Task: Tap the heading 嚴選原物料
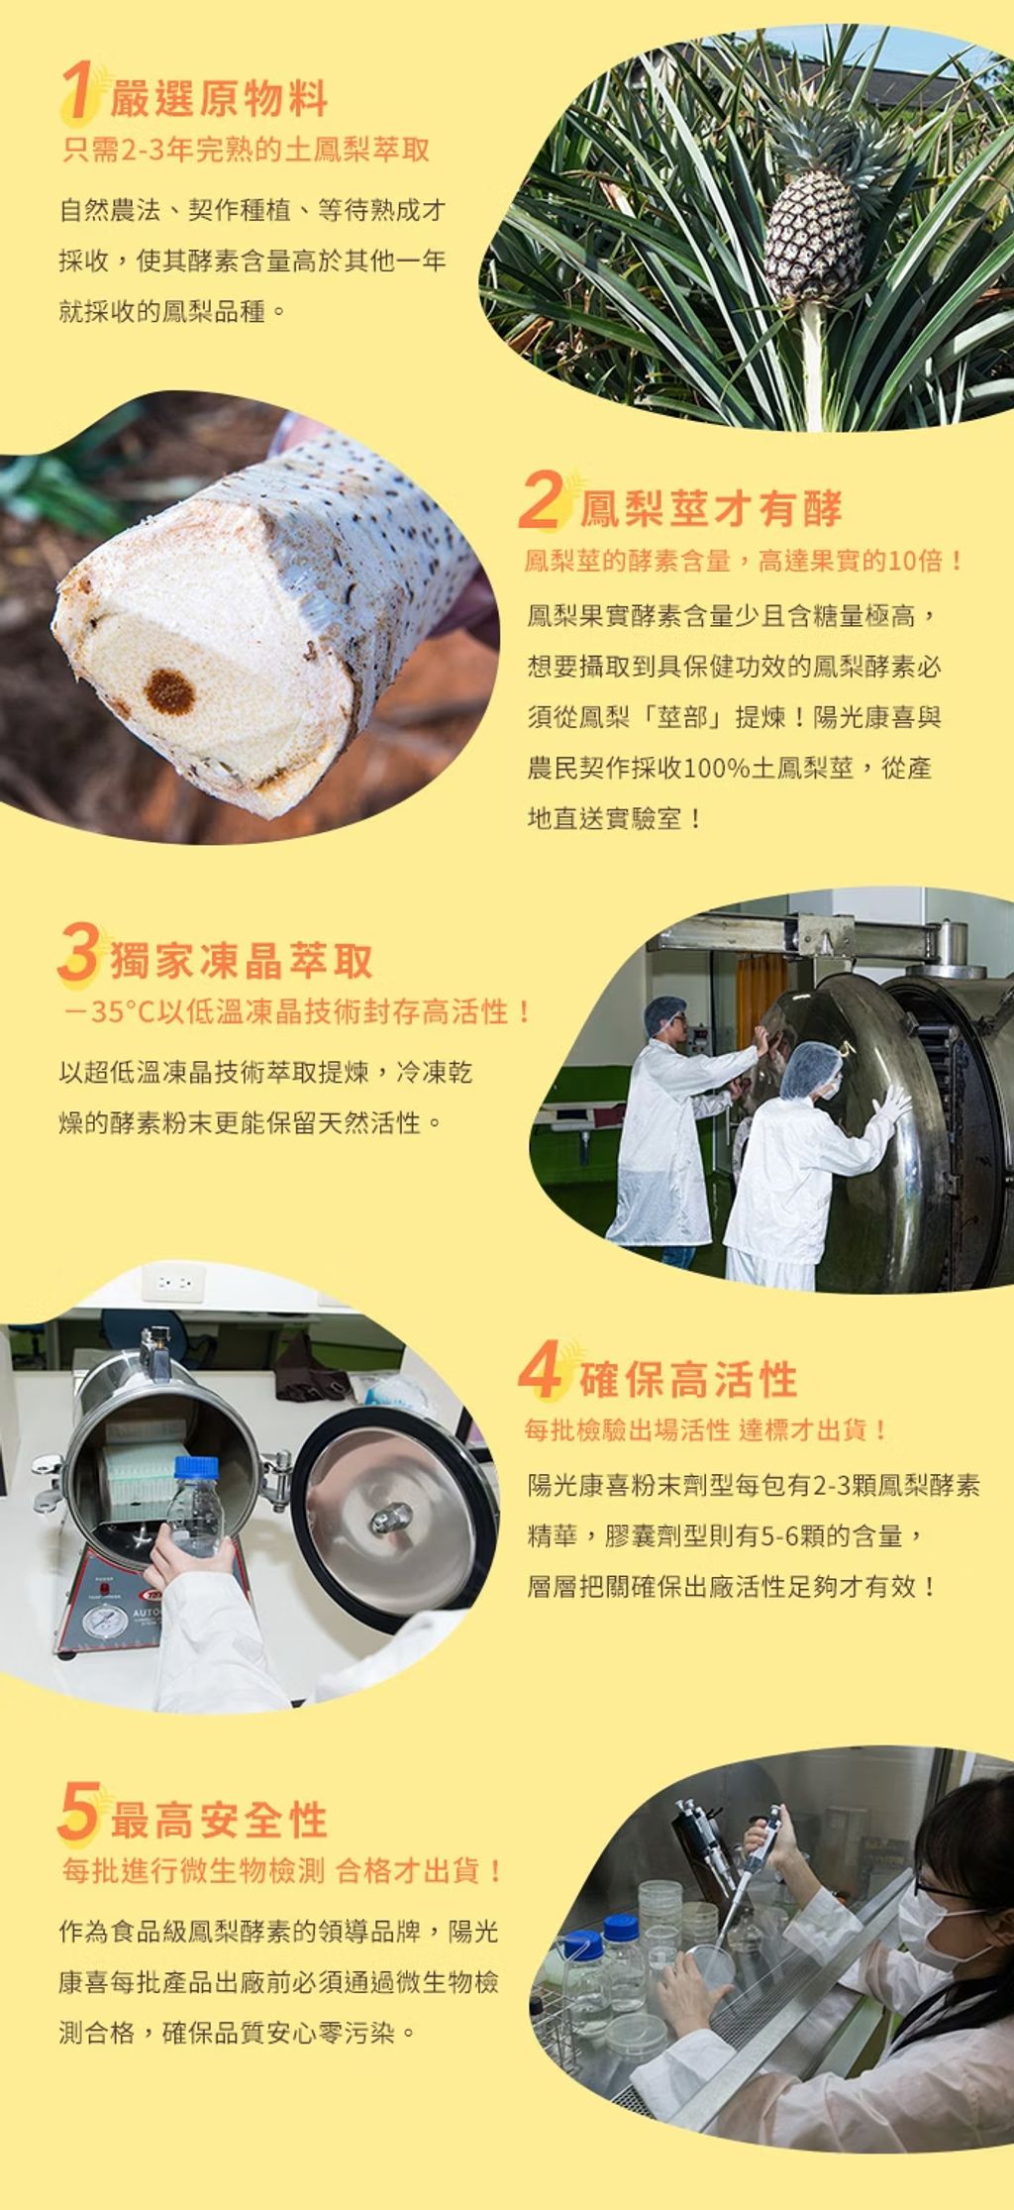218,98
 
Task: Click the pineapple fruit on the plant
813,233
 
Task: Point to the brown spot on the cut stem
170,691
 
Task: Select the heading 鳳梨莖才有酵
710,507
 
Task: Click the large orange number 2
542,499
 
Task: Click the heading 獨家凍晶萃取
241,960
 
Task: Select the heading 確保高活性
688,1378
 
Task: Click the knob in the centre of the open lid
390,1517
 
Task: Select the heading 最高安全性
218,1820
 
